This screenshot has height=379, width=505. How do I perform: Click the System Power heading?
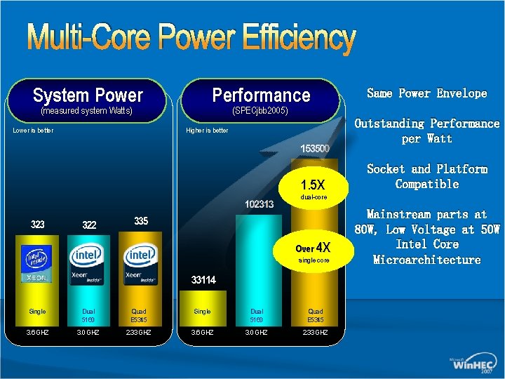point(88,95)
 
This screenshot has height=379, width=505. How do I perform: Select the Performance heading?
point(261,95)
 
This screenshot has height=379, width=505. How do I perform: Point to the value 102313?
point(259,204)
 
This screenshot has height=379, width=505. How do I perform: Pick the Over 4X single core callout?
point(313,251)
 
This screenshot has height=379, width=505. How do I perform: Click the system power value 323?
point(38,225)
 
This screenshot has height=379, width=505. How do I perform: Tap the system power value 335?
point(140,221)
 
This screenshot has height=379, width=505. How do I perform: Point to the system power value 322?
point(89,225)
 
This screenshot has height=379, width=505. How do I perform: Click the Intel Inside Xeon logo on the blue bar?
point(38,264)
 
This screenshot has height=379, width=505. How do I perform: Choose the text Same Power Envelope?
point(427,93)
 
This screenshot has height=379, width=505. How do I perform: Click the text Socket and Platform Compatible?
point(427,176)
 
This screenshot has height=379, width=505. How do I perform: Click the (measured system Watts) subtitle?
point(87,111)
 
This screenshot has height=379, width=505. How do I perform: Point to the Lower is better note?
point(34,130)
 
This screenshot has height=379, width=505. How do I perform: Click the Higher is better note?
point(207,131)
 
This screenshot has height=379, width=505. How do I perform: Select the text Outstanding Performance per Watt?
point(427,131)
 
